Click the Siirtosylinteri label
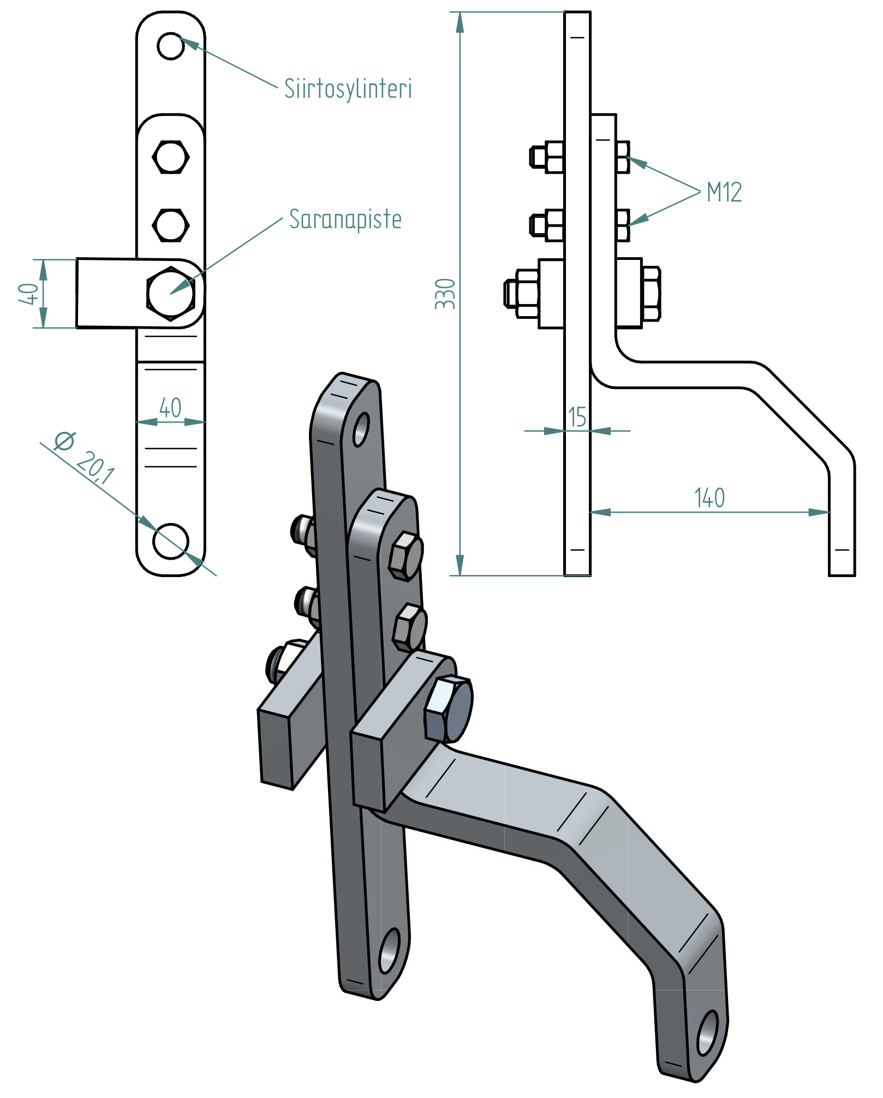(348, 89)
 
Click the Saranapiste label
(345, 219)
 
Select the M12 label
(724, 192)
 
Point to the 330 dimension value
(445, 294)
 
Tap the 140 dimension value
(709, 498)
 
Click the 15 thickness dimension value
(577, 417)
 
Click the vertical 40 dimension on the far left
(28, 294)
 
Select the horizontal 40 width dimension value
(170, 408)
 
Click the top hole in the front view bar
(171, 46)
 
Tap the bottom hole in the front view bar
(171, 541)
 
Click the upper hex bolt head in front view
(171, 157)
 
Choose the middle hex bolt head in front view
(171, 225)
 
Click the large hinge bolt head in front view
(171, 294)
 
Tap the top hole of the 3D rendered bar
(361, 429)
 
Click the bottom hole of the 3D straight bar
(389, 951)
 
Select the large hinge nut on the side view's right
(651, 293)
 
